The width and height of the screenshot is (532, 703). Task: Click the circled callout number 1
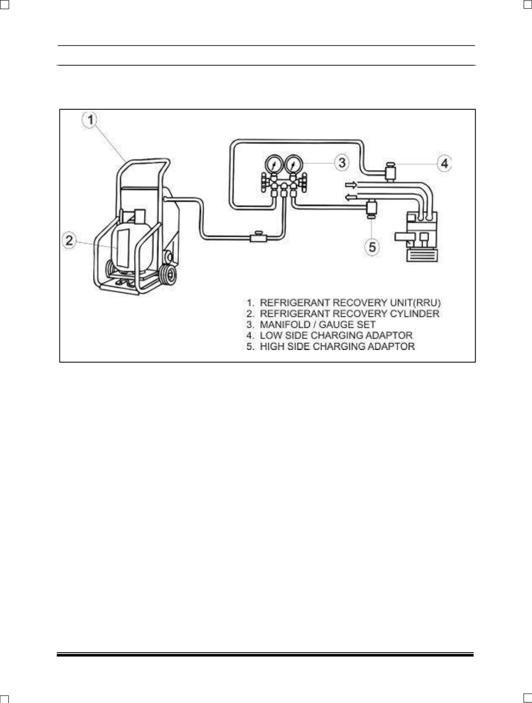91,120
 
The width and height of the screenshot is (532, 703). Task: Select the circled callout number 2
69,240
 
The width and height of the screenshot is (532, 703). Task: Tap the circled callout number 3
342,162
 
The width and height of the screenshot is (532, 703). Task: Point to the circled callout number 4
444,164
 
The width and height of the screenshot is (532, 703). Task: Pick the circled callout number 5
372,247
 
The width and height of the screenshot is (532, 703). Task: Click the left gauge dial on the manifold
273,165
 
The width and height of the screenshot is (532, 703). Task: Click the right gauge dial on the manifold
293,165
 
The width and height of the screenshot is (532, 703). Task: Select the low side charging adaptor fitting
390,173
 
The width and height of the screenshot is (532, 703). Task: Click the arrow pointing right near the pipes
350,185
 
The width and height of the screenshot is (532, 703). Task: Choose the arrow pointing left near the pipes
350,197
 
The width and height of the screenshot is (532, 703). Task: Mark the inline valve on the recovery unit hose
258,237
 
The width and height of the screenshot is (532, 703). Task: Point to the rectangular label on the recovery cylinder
123,248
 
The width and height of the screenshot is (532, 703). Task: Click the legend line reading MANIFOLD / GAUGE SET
311,324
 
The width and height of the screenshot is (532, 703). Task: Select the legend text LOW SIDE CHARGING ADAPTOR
336,335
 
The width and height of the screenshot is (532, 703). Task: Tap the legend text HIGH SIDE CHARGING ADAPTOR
337,346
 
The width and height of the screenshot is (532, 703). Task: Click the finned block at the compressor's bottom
422,256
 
